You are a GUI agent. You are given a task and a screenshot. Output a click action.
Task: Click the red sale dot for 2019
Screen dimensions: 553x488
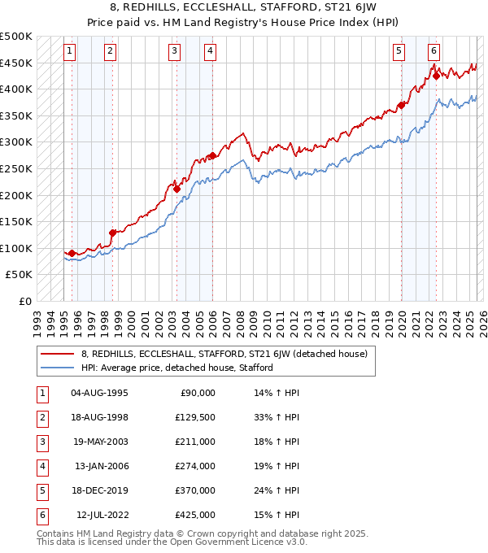point(402,105)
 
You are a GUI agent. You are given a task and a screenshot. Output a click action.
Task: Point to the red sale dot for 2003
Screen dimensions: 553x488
point(176,189)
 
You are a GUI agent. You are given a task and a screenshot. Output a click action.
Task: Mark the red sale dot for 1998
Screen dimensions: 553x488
point(112,233)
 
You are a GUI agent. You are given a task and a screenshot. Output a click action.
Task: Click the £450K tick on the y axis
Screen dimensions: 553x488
point(16,63)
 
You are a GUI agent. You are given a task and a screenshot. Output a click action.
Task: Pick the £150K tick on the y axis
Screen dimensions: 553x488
point(16,221)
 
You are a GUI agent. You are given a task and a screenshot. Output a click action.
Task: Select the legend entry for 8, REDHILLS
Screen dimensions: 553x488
point(224,354)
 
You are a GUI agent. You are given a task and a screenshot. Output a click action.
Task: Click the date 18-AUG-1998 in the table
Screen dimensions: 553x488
point(99,418)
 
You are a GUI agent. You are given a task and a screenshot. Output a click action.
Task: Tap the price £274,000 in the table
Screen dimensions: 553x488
point(195,467)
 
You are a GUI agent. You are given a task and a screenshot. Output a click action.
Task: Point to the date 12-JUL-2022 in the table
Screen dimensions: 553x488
point(102,516)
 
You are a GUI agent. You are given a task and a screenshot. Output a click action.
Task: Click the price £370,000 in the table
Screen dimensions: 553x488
point(195,491)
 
